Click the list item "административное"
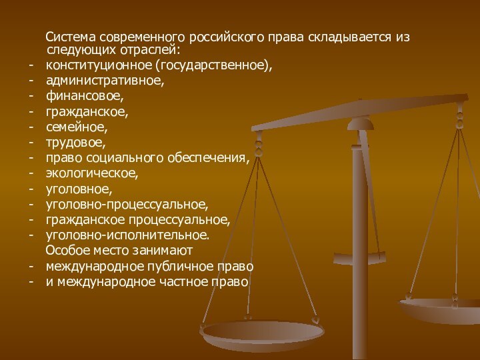[105, 81]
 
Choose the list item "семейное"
[77, 127]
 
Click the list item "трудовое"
[76, 142]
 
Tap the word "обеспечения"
[211, 158]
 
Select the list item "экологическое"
[92, 173]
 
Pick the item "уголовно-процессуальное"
[127, 204]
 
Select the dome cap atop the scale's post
[361, 122]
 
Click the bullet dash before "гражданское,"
[31, 111]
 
